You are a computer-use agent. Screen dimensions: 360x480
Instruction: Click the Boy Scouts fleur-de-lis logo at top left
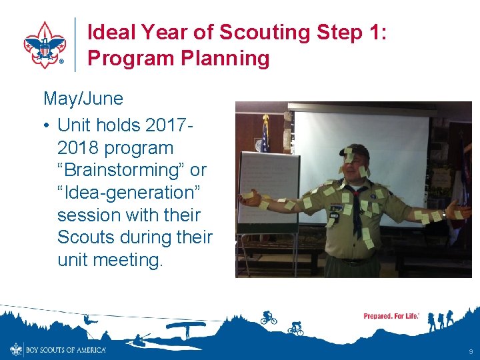[45, 44]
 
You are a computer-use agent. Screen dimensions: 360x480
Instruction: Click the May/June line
[83, 99]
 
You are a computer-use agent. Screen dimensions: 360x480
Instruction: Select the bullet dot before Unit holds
[47, 125]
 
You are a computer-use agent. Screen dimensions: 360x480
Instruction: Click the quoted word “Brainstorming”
[124, 170]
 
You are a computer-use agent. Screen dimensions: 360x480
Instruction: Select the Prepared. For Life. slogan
[391, 316]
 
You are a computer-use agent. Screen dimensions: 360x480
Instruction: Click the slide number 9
[471, 351]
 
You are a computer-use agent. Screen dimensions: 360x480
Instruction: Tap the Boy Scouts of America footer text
[65, 349]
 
